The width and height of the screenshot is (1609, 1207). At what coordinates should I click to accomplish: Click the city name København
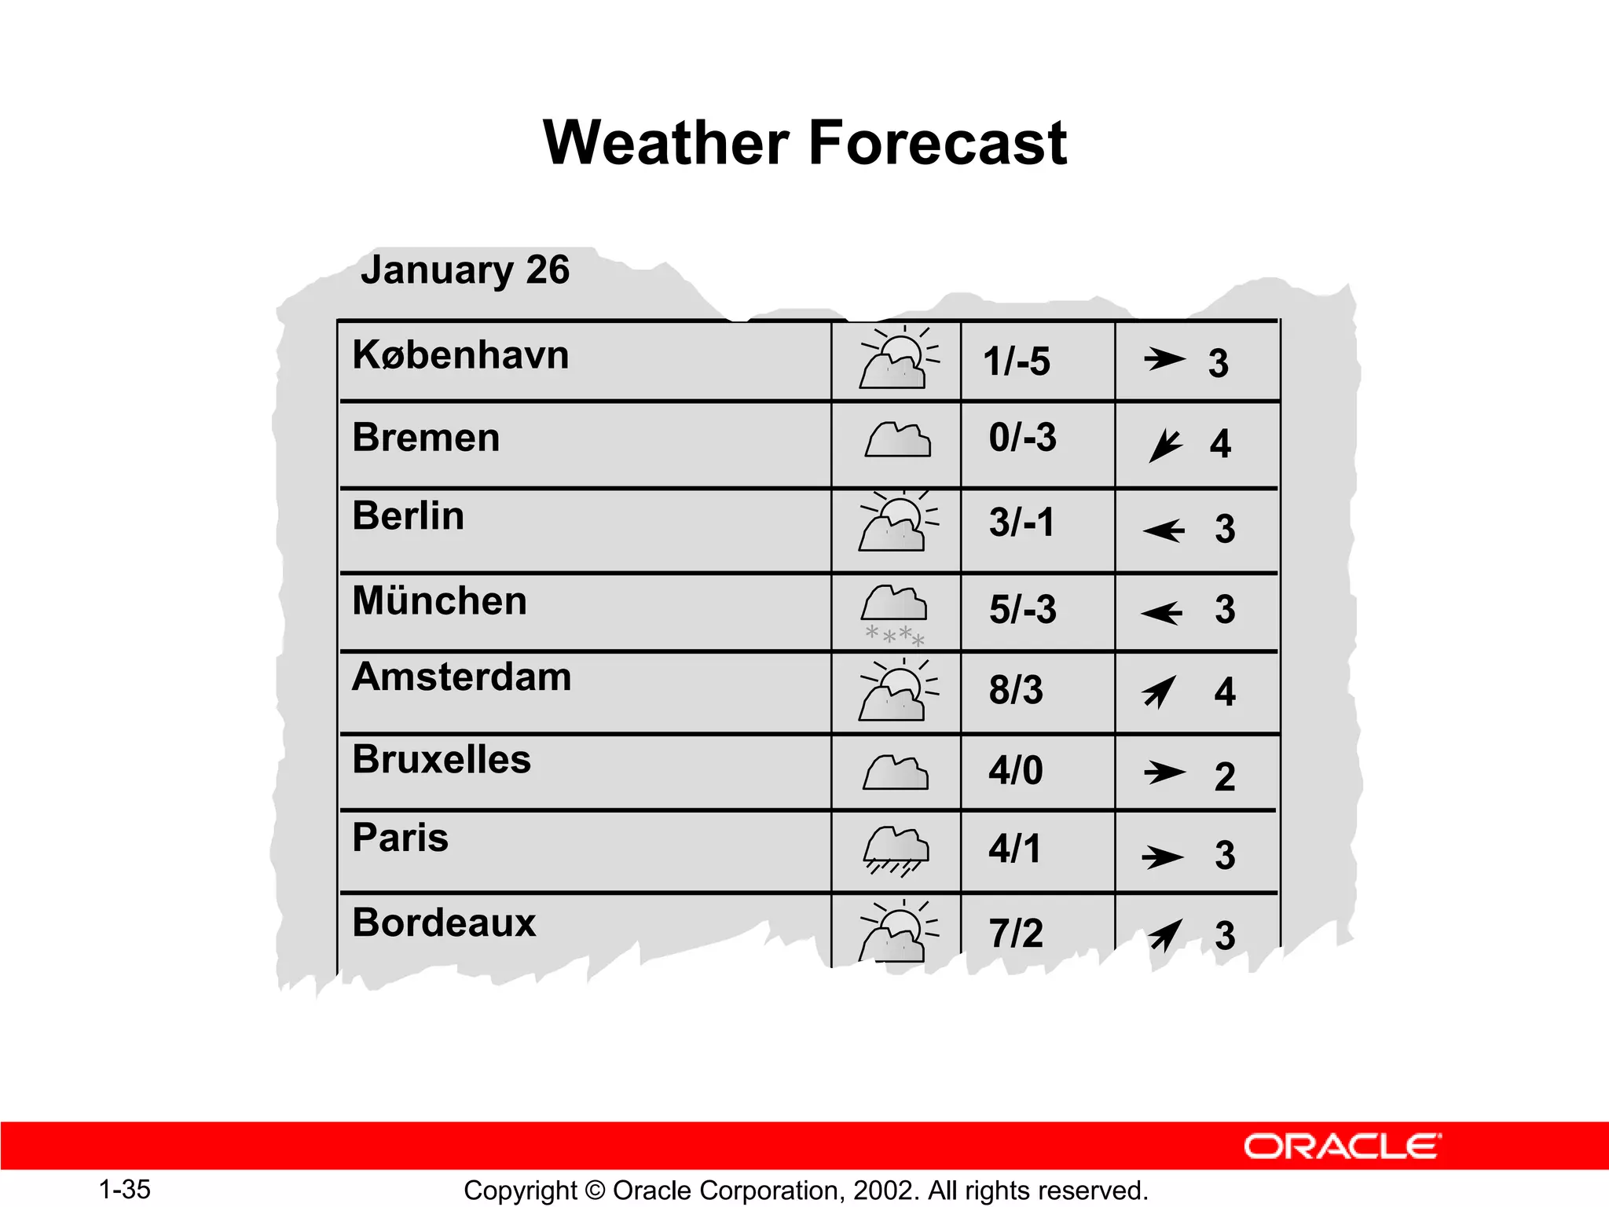point(460,355)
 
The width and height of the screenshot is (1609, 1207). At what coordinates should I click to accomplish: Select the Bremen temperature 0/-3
point(1022,438)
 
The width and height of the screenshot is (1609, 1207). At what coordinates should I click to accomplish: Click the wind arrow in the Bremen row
point(1164,446)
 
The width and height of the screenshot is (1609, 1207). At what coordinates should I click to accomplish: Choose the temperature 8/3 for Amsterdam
point(1016,690)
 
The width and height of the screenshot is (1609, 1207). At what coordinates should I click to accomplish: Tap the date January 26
point(465,270)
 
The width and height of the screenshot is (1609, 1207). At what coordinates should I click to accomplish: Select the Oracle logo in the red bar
point(1342,1146)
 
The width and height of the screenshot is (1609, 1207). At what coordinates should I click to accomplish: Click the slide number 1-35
point(125,1189)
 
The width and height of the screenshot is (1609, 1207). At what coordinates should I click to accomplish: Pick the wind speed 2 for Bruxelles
point(1225,776)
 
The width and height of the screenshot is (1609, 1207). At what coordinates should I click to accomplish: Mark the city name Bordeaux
point(444,923)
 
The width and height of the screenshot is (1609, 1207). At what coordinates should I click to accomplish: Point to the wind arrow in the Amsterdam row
point(1160,692)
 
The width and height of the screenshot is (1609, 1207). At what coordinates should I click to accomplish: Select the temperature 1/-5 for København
point(1016,362)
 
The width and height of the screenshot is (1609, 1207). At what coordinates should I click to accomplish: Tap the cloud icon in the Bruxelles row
point(896,772)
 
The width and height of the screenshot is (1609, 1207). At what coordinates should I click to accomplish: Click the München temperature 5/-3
point(1022,610)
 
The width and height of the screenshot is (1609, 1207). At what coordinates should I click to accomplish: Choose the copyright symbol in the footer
point(595,1190)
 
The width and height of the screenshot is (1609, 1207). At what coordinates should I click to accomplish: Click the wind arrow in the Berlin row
point(1164,530)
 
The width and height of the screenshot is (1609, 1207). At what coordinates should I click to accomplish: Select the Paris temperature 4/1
point(1014,849)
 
